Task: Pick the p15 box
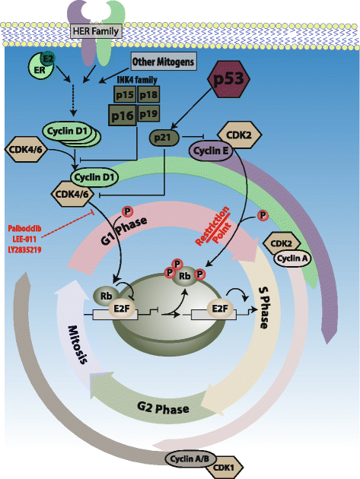click(x=125, y=94)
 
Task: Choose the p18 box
click(x=148, y=94)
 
